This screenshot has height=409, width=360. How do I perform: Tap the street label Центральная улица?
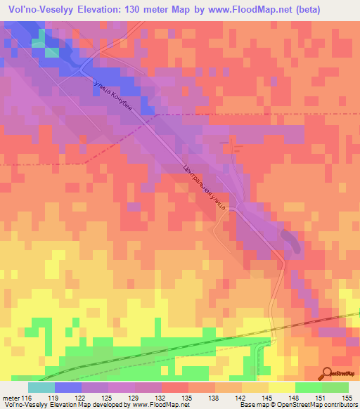(x=203, y=188)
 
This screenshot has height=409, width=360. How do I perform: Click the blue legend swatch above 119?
(x=67, y=387)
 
